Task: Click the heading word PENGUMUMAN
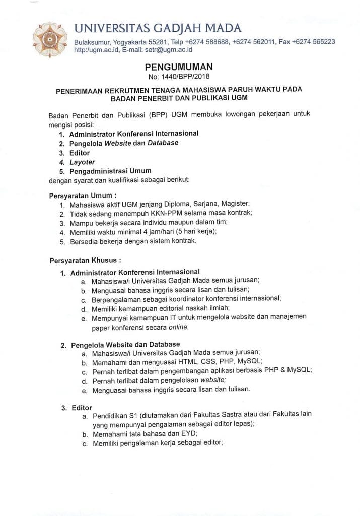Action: coord(179,67)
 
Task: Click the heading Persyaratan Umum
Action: coord(83,195)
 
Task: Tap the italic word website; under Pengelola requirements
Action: coord(213,380)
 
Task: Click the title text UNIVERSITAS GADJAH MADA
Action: coord(158,28)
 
